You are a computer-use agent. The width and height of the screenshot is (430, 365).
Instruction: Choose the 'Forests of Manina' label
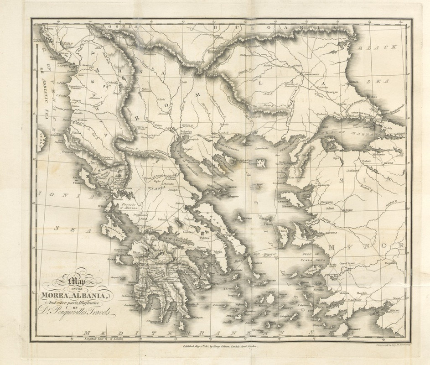point(129,206)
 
